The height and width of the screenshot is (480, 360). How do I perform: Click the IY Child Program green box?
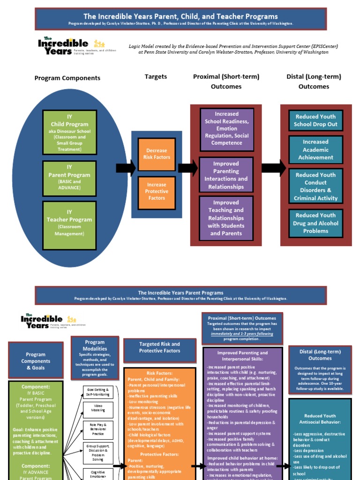pos(69,132)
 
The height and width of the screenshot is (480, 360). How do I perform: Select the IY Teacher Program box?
pos(69,223)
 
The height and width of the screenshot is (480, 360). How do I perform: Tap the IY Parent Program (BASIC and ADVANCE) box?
pos(69,179)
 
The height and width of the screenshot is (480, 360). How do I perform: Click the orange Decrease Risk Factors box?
pos(157,154)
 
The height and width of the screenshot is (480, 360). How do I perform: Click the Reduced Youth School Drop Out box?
pos(315,120)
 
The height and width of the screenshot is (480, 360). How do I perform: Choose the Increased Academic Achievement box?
pos(315,150)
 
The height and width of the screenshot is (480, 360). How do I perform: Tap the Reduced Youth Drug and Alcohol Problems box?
pos(315,223)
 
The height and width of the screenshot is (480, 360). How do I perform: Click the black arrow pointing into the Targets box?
pos(125,167)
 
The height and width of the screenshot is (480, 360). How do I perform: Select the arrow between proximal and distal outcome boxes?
pos(274,167)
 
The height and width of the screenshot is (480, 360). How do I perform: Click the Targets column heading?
pos(156,76)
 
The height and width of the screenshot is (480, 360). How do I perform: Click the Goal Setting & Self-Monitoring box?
pos(98,392)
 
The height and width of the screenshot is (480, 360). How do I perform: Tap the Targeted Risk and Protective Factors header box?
pos(160,347)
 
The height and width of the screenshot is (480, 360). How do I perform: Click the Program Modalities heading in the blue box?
pos(95,345)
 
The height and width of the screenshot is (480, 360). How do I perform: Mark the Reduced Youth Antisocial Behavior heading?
pos(320,419)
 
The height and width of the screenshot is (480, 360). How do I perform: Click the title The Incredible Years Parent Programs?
pos(180,292)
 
